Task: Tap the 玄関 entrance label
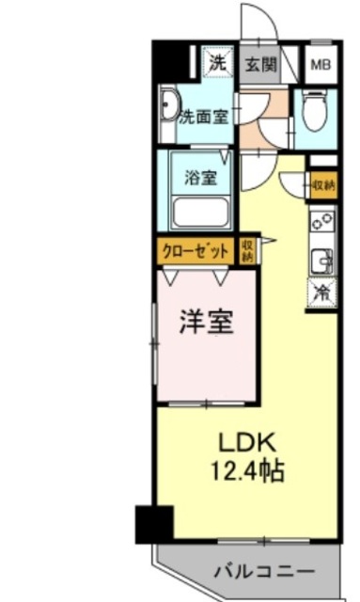coord(261,65)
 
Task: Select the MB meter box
coord(321,65)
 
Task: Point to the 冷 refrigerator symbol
coord(321,292)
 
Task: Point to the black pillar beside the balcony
coord(154,522)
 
